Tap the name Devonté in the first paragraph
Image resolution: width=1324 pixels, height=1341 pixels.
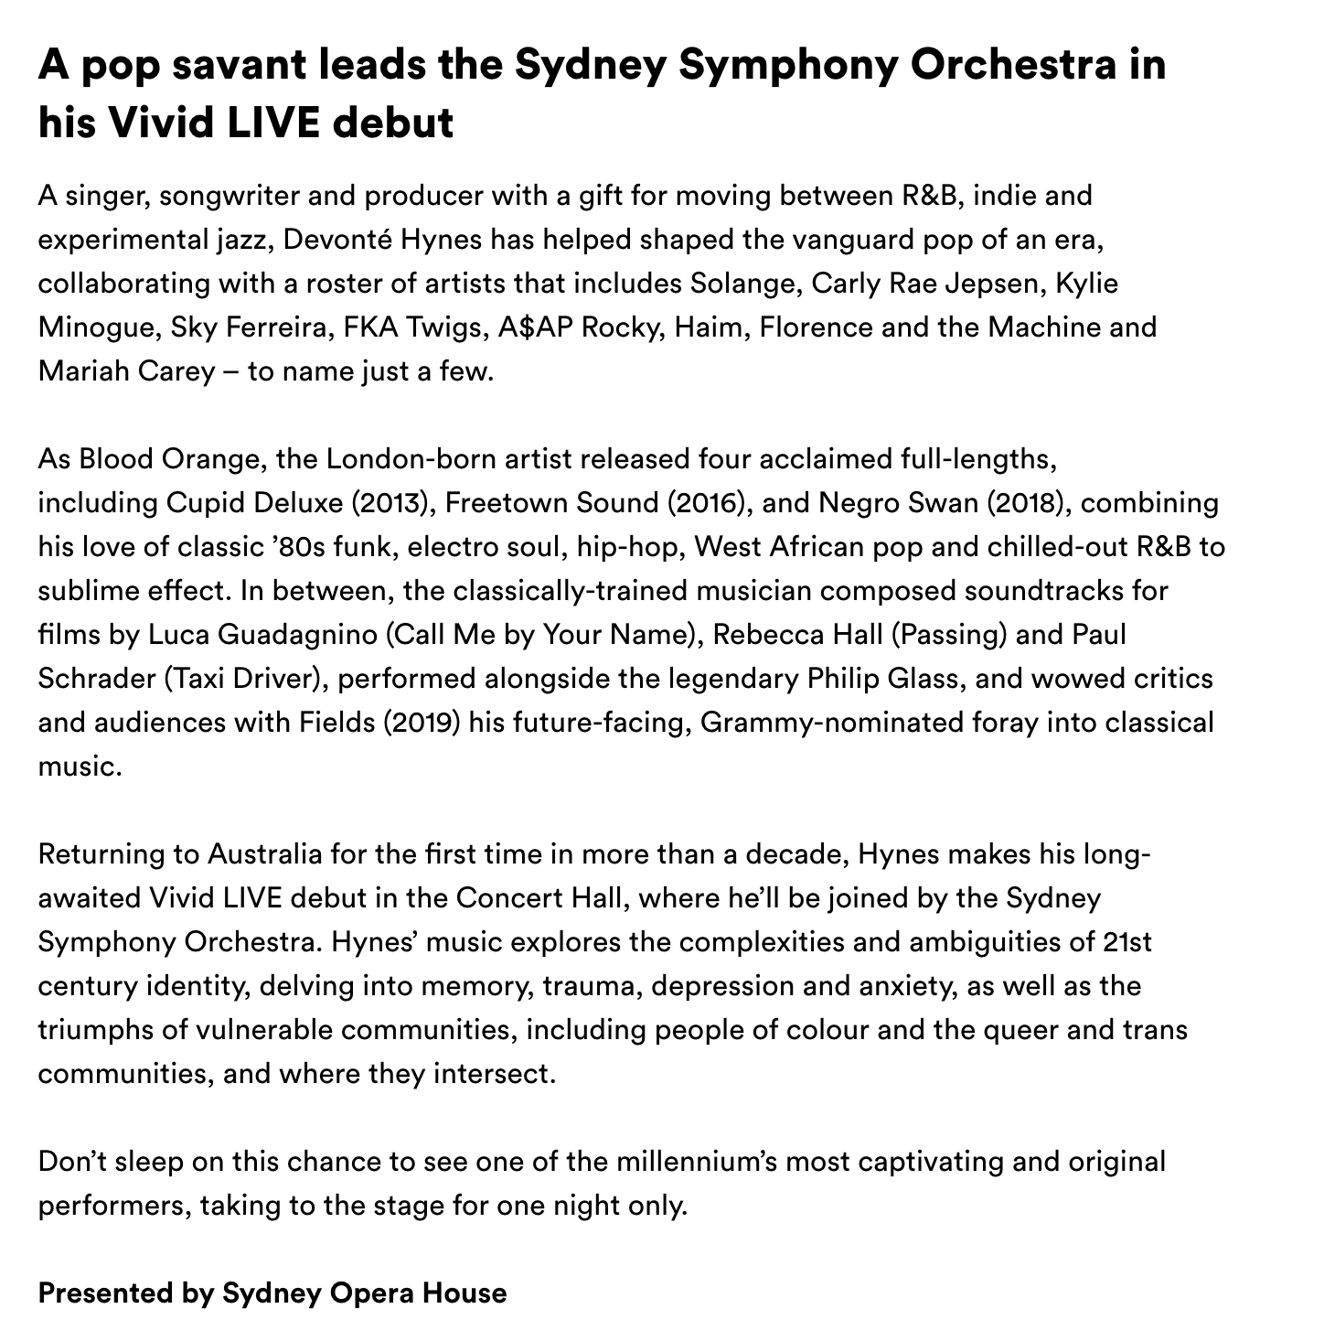pyautogui.click(x=326, y=240)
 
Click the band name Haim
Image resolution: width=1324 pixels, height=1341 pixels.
pyautogui.click(x=704, y=327)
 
